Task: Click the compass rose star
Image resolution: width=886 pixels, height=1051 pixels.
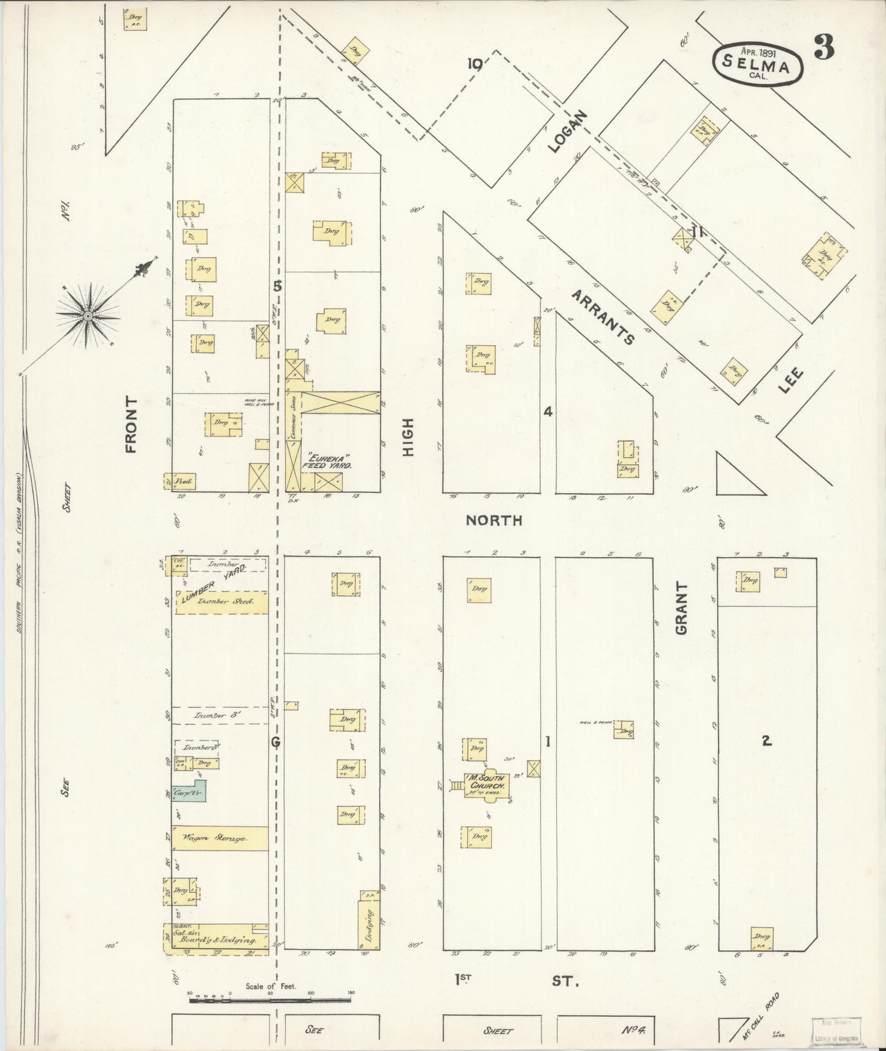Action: pyautogui.click(x=88, y=316)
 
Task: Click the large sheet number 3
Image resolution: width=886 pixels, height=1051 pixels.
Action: pyautogui.click(x=825, y=48)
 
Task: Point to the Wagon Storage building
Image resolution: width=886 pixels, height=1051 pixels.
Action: pyautogui.click(x=220, y=838)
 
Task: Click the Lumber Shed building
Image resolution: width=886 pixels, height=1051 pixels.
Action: pyautogui.click(x=221, y=602)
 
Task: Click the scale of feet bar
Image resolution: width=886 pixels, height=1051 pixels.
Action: pyautogui.click(x=270, y=1001)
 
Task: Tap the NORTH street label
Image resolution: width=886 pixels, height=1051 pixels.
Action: pyautogui.click(x=494, y=521)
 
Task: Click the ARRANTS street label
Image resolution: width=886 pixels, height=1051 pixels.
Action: pyautogui.click(x=602, y=317)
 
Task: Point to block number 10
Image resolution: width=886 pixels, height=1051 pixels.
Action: pyautogui.click(x=475, y=63)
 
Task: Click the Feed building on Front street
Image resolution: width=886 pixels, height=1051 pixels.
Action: pyautogui.click(x=180, y=482)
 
